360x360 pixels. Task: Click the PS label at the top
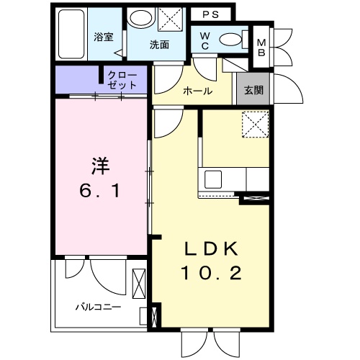(x=210, y=14)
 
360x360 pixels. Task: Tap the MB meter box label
(x=261, y=48)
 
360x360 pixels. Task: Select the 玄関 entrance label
(x=253, y=90)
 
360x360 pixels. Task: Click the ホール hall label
(x=198, y=91)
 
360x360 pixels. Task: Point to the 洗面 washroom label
(x=159, y=45)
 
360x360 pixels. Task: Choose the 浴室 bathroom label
(x=104, y=37)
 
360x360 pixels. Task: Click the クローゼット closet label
(x=122, y=80)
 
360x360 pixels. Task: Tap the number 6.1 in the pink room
(x=99, y=192)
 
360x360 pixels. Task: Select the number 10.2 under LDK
(x=212, y=274)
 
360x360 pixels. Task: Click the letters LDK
(x=212, y=249)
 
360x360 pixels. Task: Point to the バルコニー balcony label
(x=99, y=307)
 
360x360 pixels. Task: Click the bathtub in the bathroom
(x=71, y=34)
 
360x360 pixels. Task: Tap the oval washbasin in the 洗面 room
(x=141, y=19)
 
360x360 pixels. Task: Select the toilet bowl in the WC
(x=230, y=40)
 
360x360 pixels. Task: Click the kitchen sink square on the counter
(x=213, y=179)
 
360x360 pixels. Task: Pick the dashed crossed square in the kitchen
(x=255, y=125)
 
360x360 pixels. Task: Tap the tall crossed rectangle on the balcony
(x=139, y=284)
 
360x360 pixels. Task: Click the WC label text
(x=204, y=41)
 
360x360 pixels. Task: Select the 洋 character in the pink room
(x=100, y=166)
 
